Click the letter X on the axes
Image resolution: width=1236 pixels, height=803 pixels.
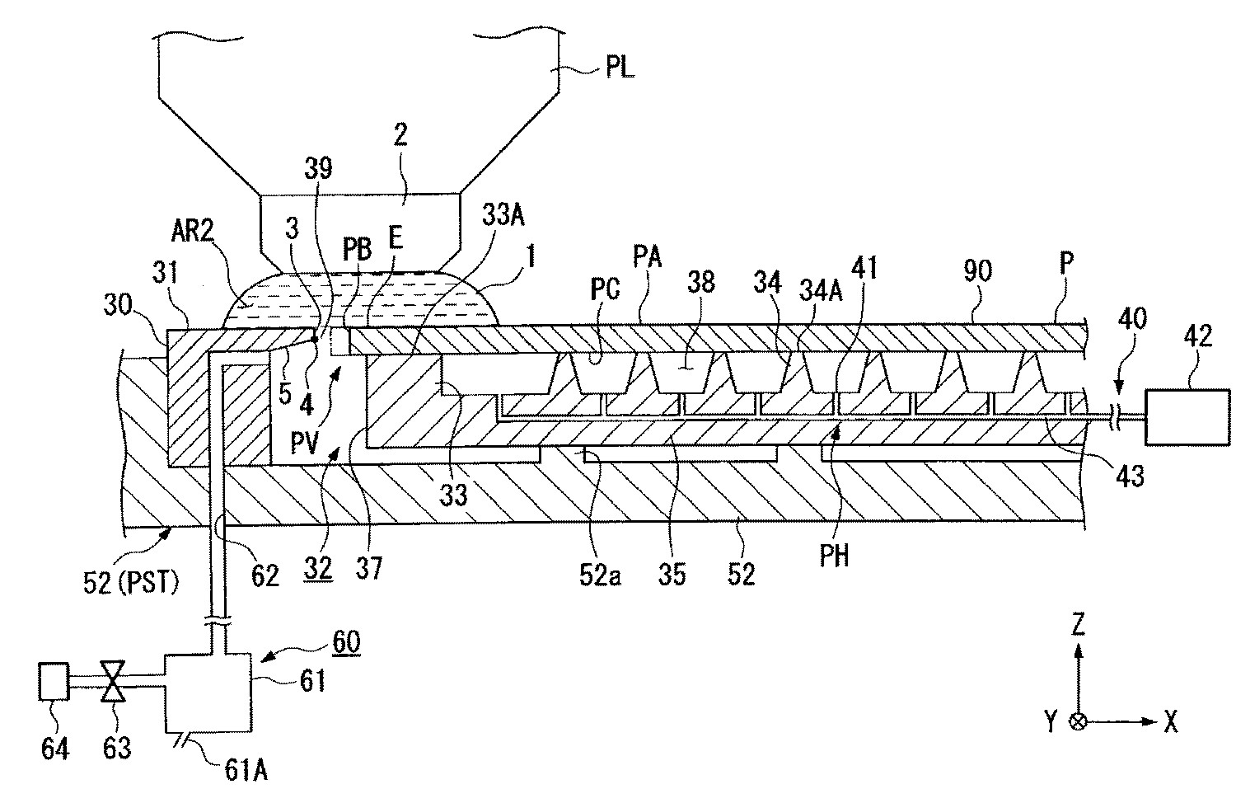tap(1170, 723)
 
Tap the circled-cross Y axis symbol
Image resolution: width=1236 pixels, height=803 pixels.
tap(1078, 722)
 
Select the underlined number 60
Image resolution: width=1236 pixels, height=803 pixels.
tap(345, 641)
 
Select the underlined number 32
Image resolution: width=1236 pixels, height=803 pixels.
tap(319, 567)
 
